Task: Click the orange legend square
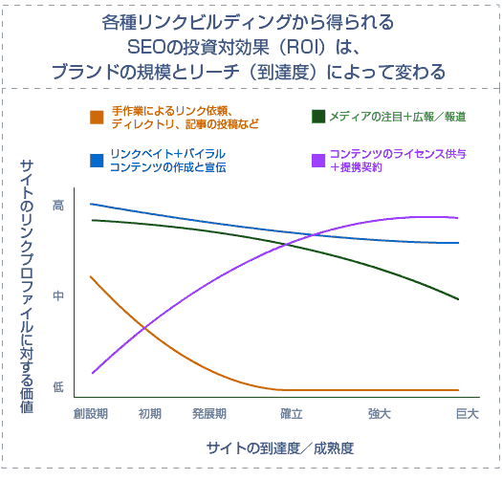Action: (96, 117)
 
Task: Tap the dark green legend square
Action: (318, 117)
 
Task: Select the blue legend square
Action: (96, 160)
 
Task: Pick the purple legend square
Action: (318, 160)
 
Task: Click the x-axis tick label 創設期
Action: (91, 414)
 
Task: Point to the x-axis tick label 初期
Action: (149, 414)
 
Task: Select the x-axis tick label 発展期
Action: (208, 414)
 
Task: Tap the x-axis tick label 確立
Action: (292, 414)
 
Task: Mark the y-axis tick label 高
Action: (57, 204)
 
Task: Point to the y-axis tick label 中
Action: (57, 296)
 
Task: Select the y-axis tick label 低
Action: (57, 387)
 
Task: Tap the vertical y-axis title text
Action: (28, 287)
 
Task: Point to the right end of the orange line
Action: (459, 390)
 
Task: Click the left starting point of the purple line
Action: (93, 373)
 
